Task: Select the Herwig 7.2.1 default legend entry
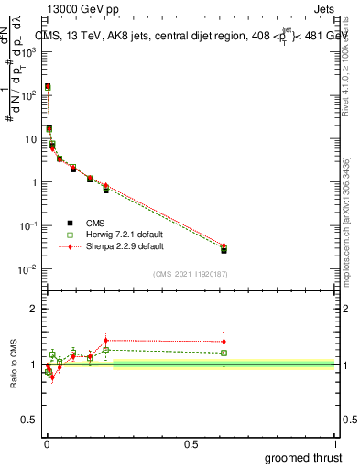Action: coord(113,234)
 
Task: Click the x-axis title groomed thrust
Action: coord(303,456)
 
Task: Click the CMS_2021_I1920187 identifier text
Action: coord(191,274)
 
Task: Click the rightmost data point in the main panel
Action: coord(224,249)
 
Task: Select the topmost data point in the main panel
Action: coord(48,87)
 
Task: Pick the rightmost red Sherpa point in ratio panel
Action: coord(224,342)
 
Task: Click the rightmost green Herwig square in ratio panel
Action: coord(224,353)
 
